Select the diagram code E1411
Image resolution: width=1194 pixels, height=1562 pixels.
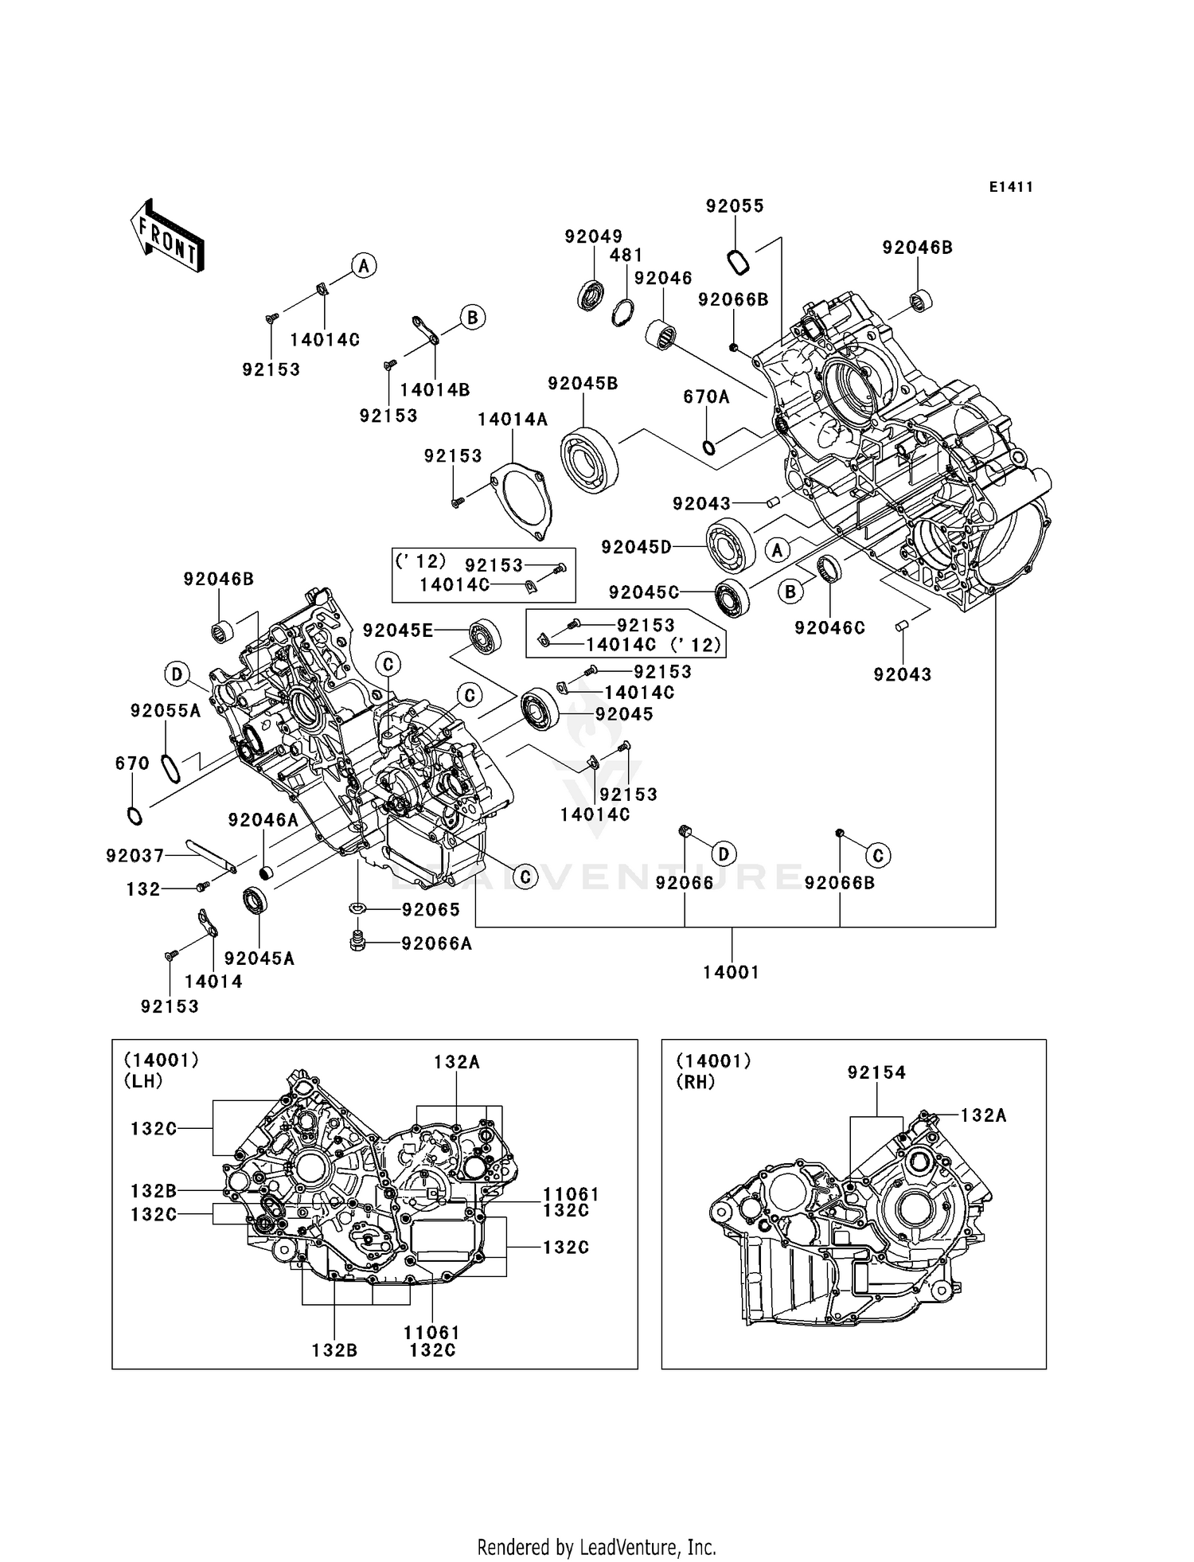pos(1011,187)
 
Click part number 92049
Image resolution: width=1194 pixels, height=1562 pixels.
pos(593,236)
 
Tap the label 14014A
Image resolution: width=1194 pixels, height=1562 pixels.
pos(513,420)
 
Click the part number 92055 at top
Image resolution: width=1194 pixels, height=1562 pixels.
pos(735,206)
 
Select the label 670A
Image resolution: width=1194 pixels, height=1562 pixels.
pos(706,396)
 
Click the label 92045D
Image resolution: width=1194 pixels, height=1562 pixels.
pos(636,547)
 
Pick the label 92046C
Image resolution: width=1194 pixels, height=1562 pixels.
pos(829,628)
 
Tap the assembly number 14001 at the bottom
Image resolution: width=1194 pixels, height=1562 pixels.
pos(731,972)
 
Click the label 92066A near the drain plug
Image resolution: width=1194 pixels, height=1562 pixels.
pos(437,943)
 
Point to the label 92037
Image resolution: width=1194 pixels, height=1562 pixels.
pos(135,856)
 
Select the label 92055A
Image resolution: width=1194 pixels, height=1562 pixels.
pos(166,711)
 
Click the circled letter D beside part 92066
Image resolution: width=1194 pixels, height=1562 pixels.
pos(723,855)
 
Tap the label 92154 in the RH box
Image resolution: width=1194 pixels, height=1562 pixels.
pos(876,1073)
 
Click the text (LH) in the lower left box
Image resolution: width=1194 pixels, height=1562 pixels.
pos(143,1081)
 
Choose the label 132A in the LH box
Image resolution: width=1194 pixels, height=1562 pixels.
pos(457,1062)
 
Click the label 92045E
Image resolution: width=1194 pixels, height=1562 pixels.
pos(398,631)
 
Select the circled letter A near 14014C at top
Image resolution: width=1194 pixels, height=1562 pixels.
pos(364,266)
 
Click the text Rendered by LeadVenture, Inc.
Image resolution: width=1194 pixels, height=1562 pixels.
pos(596,1548)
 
